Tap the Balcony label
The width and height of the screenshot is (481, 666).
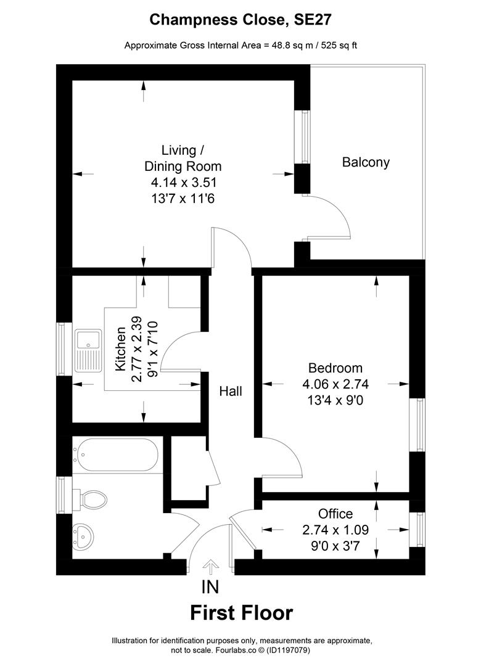366,162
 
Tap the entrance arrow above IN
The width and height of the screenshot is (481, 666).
211,565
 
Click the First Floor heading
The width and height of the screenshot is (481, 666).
241,613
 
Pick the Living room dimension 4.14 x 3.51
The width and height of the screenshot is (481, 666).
183,183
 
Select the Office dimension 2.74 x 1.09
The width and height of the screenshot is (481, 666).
335,530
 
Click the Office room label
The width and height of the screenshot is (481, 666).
335,514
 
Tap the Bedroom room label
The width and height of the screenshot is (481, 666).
335,368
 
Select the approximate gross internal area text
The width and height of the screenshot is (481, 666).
241,46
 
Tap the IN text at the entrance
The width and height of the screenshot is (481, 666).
210,586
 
